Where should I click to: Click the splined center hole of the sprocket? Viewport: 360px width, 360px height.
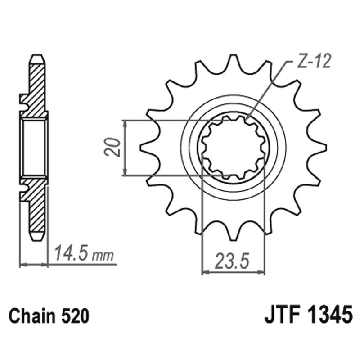(x=233, y=147)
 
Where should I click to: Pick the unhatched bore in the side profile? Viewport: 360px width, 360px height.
(x=34, y=147)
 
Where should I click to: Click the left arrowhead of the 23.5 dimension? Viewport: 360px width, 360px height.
(x=205, y=272)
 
